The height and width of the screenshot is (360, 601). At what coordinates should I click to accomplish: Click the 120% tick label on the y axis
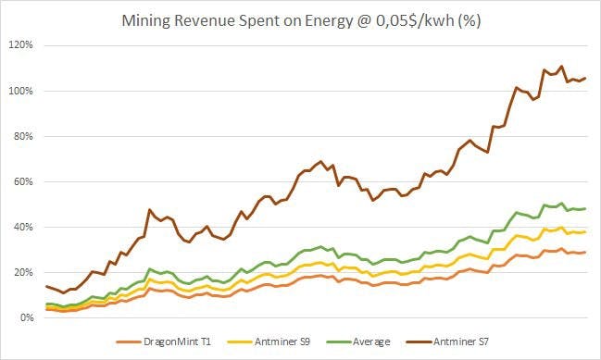tap(21, 45)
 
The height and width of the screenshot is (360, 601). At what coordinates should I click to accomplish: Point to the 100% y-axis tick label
tap(21, 91)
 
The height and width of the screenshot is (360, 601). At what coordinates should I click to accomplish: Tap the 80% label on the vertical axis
tap(24, 136)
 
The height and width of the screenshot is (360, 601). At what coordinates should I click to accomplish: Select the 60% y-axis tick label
tap(24, 181)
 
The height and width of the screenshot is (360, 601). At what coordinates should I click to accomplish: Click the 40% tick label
tap(24, 227)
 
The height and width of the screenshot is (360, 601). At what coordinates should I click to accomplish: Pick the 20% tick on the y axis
tap(24, 272)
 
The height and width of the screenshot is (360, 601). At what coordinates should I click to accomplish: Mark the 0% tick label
tap(27, 317)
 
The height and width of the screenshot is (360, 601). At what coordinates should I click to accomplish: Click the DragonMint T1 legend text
tap(177, 341)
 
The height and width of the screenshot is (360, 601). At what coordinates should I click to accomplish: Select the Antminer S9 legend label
tap(282, 341)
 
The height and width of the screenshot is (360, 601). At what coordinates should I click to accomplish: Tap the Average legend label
tap(371, 341)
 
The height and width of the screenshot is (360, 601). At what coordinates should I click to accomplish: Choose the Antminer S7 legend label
tap(461, 341)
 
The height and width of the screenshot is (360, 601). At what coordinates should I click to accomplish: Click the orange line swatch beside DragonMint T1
tap(129, 341)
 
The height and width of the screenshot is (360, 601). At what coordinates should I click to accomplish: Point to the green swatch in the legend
tap(339, 341)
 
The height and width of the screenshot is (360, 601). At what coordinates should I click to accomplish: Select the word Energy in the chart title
tap(329, 20)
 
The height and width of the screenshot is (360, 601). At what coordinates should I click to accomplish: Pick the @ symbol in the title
tap(364, 20)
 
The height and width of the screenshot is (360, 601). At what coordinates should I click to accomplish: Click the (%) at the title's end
tap(470, 20)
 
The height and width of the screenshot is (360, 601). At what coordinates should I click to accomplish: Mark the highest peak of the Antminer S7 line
tap(561, 67)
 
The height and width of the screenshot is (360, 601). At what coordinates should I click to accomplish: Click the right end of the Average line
tap(585, 209)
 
